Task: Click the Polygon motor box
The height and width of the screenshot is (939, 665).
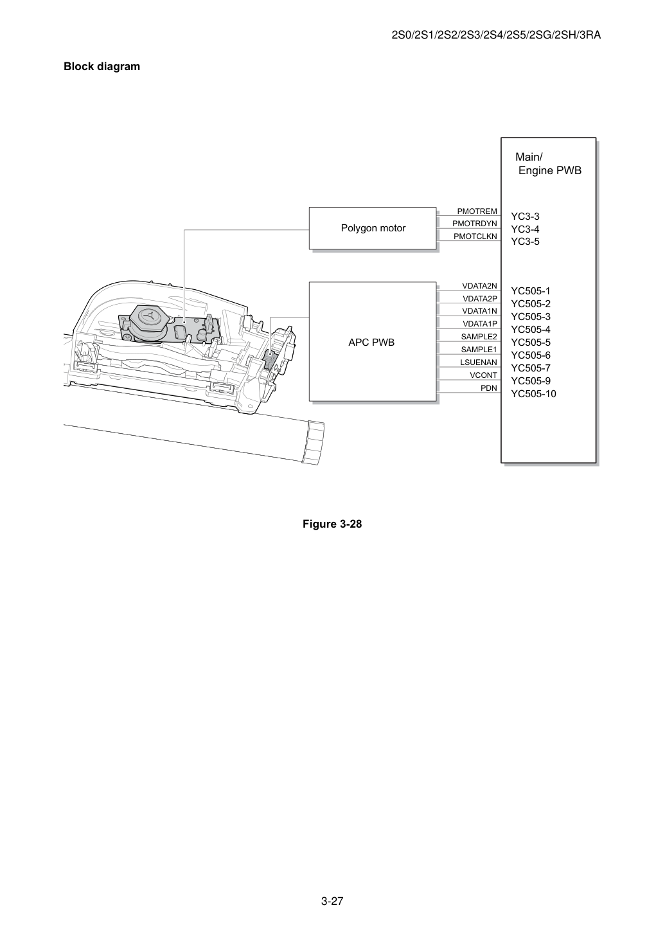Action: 373,228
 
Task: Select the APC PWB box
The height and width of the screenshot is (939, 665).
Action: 373,342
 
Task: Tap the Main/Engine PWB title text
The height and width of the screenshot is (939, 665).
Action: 548,163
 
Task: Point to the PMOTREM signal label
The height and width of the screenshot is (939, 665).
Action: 477,211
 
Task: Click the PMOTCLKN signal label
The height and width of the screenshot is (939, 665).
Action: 475,237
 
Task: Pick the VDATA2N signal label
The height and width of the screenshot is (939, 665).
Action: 479,286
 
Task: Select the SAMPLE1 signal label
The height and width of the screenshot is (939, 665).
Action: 479,350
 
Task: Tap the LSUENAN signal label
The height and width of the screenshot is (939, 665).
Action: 478,362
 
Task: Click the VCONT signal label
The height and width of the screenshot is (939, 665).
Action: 483,375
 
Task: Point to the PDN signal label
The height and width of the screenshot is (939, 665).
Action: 488,388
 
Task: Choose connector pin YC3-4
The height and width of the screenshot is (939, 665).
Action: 525,229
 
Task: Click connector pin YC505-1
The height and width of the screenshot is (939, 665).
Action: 531,291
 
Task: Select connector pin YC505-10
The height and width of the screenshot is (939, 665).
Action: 533,394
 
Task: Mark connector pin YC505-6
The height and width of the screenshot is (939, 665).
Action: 531,355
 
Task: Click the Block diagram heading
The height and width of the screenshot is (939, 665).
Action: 102,67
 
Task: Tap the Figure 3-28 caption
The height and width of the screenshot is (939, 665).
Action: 332,524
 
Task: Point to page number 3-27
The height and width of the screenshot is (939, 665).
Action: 332,901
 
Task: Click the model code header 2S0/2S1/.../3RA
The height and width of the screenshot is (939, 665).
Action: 496,35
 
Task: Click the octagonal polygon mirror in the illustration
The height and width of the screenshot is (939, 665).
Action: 150,316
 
